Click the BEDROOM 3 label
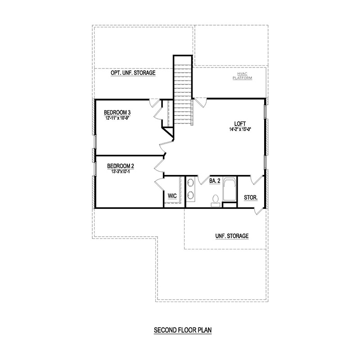pyautogui.click(x=117, y=112)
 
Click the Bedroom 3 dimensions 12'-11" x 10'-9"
pyautogui.click(x=117, y=118)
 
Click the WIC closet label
pyautogui.click(x=172, y=196)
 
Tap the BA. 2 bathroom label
pyautogui.click(x=214, y=181)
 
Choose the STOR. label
pyautogui.click(x=250, y=197)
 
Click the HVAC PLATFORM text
pyautogui.click(x=242, y=76)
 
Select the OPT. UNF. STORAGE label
pyautogui.click(x=133, y=73)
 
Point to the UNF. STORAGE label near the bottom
pyautogui.click(x=232, y=236)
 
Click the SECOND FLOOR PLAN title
pyautogui.click(x=183, y=330)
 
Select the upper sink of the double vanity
pyautogui.click(x=190, y=183)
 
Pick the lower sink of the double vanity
pyautogui.click(x=190, y=195)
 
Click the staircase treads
pyautogui.click(x=183, y=90)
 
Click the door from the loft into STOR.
pyautogui.click(x=258, y=180)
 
